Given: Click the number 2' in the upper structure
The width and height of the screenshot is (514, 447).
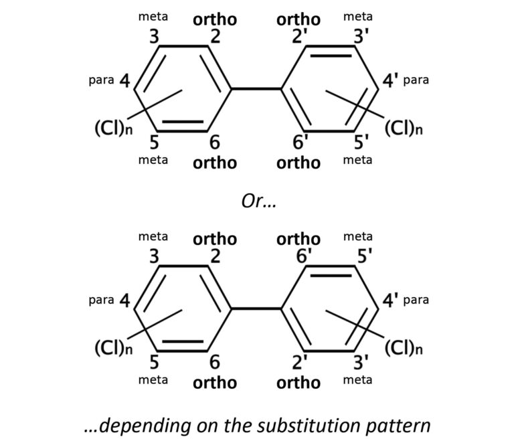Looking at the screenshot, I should click(x=300, y=37).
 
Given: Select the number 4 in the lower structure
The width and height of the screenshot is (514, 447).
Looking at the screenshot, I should click(x=124, y=301).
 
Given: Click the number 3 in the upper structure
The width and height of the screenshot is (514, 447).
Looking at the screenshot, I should click(x=154, y=37).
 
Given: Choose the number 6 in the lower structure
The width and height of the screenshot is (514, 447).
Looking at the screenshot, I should click(x=214, y=363).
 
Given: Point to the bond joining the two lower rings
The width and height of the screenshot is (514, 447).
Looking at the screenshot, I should click(x=257, y=309).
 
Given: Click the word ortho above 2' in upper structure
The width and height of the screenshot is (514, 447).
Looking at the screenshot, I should click(x=298, y=19).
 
